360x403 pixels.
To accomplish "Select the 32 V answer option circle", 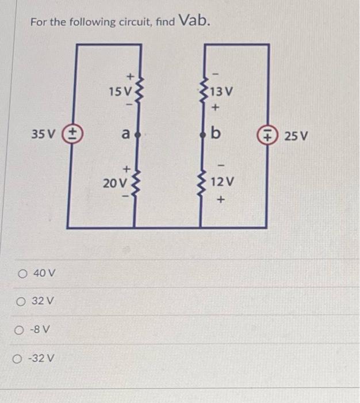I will pos(21,301).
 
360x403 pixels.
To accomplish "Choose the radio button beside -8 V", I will pos(21,330).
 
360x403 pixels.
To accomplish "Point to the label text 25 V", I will pos(296,137).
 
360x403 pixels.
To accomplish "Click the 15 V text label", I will pos(120,90).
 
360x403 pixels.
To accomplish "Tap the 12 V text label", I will pos(222,182).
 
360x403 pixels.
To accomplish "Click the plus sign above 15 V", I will pos(130,75).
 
